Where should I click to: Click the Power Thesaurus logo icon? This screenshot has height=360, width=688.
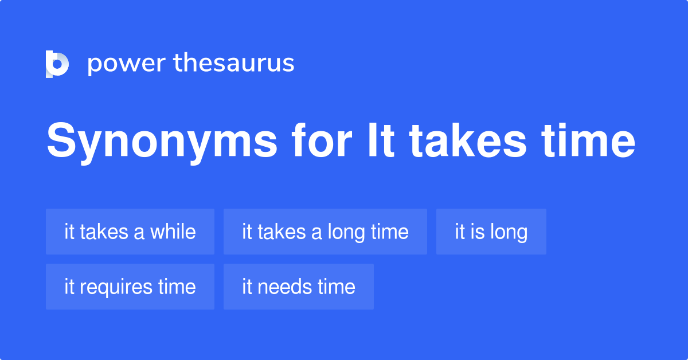click(x=57, y=64)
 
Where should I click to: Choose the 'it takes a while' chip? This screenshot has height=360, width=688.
click(x=130, y=232)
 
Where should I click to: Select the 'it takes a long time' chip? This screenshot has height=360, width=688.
click(x=325, y=232)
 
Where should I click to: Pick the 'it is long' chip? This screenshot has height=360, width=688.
click(x=491, y=232)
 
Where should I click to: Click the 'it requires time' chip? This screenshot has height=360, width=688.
click(x=130, y=287)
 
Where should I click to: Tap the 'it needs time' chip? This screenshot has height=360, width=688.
click(x=298, y=287)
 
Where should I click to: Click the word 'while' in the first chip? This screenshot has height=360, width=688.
click(x=173, y=232)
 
